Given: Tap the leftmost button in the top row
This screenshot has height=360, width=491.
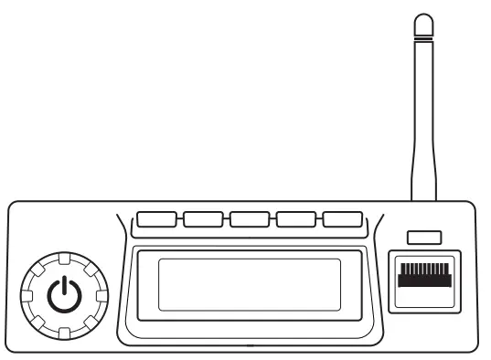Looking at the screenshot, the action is (x=156, y=219).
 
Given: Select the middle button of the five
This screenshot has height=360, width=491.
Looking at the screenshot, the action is (x=250, y=219).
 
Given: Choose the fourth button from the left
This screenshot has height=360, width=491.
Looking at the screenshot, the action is (x=296, y=219).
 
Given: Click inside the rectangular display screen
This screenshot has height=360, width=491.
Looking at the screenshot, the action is (x=250, y=284).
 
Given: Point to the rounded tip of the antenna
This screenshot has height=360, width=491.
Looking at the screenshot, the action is (x=422, y=20).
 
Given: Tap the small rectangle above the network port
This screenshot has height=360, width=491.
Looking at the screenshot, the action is (x=422, y=238).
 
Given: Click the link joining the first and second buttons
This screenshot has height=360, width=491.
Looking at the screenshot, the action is (x=180, y=219).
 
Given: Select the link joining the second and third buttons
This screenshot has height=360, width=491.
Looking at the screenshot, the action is (x=227, y=219).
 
